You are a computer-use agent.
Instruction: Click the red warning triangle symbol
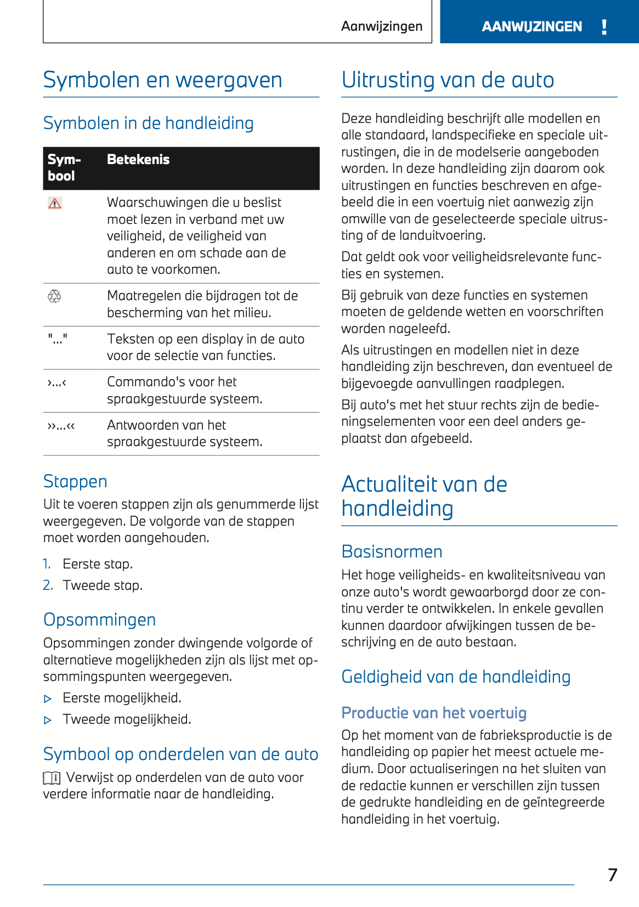click(x=55, y=204)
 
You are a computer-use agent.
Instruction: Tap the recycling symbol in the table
click(x=54, y=297)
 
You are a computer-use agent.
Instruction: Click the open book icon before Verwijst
click(x=52, y=778)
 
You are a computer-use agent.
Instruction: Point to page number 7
click(x=613, y=875)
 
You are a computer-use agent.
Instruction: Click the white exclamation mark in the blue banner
click(x=604, y=27)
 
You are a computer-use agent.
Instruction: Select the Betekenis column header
click(x=138, y=160)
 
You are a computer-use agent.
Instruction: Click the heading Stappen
click(x=75, y=481)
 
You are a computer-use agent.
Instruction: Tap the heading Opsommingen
click(x=99, y=619)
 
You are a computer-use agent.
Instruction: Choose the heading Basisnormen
click(x=392, y=551)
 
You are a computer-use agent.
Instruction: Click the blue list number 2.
click(x=48, y=585)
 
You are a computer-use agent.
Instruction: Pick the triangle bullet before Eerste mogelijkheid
click(x=48, y=699)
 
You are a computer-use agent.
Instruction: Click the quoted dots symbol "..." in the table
click(x=58, y=339)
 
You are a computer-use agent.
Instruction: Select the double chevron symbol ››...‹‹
click(x=61, y=425)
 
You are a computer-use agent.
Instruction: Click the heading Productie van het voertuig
click(x=434, y=713)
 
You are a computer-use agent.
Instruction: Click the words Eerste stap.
click(x=98, y=564)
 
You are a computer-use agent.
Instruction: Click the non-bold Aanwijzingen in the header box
click(x=382, y=26)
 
